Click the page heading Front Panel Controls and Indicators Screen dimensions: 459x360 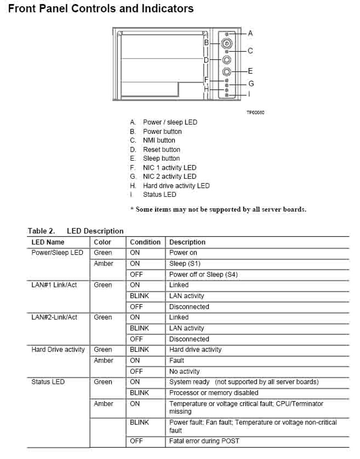pyautogui.click(x=101, y=9)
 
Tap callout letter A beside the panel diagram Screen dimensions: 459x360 pyautogui.click(x=250, y=33)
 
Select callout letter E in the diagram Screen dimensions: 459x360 pyautogui.click(x=250, y=71)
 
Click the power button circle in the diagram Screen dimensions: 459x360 pyautogui.click(x=226, y=44)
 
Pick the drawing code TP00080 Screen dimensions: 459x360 pyautogui.click(x=255, y=112)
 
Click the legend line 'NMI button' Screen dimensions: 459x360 pyautogui.click(x=159, y=141)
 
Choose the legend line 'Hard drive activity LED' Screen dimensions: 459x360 pyautogui.click(x=176, y=186)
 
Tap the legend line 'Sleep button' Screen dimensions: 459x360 pyautogui.click(x=161, y=159)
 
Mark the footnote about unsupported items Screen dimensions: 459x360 pyautogui.click(x=218, y=209)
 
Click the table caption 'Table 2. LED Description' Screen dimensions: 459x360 pyautogui.click(x=76, y=231)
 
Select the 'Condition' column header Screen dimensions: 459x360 pyautogui.click(x=145, y=242)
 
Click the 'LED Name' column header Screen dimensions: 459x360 pyautogui.click(x=49, y=242)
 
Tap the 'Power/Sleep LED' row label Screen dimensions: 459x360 pyautogui.click(x=57, y=253)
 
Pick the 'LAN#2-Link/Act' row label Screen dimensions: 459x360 pyautogui.click(x=54, y=317)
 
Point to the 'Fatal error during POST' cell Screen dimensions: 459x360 pyautogui.click(x=204, y=441)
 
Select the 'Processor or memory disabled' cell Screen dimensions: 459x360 pyautogui.click(x=214, y=393)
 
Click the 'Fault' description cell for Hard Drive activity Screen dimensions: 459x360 pyautogui.click(x=176, y=360)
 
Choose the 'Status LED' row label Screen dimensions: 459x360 pyautogui.click(x=48, y=382)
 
